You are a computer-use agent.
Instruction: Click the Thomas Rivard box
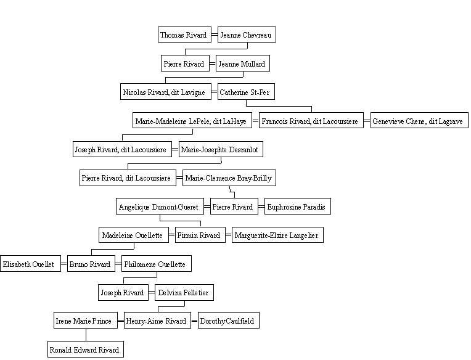[x=184, y=35]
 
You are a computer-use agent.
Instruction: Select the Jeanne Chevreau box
[x=247, y=35]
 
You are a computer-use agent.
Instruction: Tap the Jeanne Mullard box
[x=243, y=63]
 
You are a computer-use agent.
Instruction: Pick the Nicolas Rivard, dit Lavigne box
[x=166, y=92]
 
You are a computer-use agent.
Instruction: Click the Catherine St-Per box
[x=246, y=92]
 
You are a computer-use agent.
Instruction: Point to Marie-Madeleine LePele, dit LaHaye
[x=192, y=120]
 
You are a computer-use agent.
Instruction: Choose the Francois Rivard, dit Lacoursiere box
[x=311, y=120]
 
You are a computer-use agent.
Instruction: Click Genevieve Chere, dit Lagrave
[x=419, y=120]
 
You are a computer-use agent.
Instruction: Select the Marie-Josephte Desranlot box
[x=221, y=149]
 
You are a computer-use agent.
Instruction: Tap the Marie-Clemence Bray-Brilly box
[x=229, y=178]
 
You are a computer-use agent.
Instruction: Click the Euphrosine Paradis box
[x=298, y=207]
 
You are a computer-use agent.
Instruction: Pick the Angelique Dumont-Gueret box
[x=160, y=207]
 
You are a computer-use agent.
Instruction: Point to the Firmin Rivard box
[x=200, y=235]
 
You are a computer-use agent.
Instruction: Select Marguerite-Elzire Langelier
[x=277, y=235]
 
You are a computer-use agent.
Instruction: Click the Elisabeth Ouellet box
[x=30, y=264]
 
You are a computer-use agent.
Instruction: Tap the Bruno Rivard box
[x=91, y=264]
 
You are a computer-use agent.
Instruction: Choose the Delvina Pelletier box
[x=184, y=292]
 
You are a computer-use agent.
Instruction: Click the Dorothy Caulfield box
[x=229, y=321]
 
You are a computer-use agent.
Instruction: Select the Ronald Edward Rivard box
[x=86, y=349]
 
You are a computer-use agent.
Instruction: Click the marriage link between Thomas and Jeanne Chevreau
[x=215, y=35]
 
